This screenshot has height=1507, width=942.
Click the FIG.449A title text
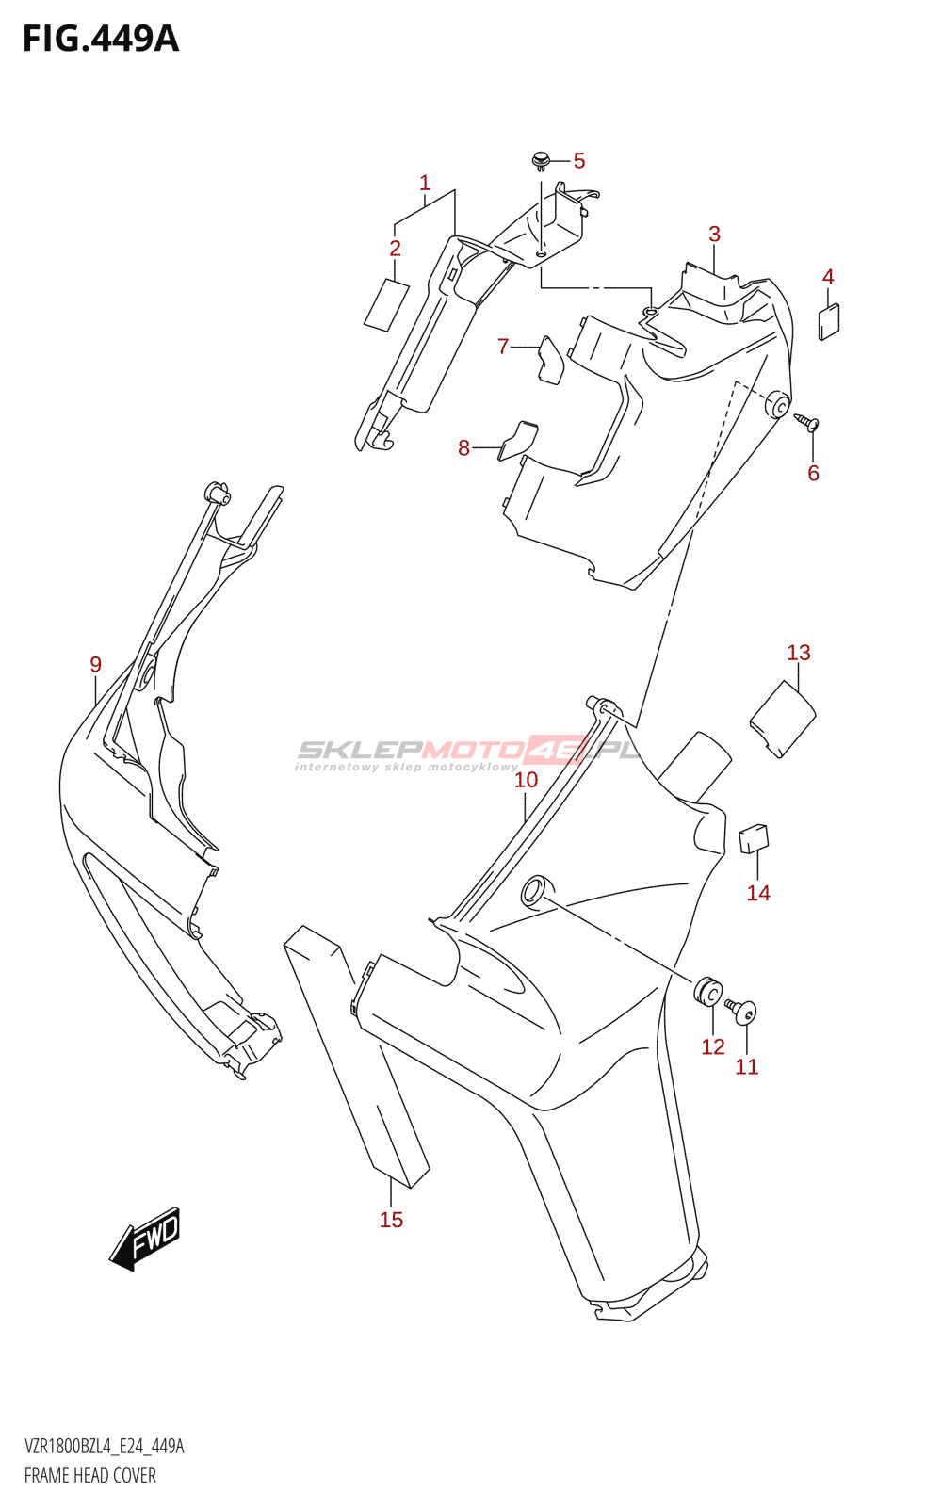(x=101, y=40)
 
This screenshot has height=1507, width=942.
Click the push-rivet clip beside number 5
(x=540, y=160)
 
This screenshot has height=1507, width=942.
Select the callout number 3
(x=714, y=235)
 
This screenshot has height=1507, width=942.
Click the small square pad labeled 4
(x=829, y=321)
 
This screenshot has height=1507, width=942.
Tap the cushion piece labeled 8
(x=517, y=441)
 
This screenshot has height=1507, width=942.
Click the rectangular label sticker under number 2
(x=387, y=305)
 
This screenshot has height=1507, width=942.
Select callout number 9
(x=95, y=665)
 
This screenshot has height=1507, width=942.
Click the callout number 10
(x=527, y=780)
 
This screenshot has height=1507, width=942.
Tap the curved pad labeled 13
(x=783, y=719)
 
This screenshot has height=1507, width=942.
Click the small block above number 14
(x=755, y=838)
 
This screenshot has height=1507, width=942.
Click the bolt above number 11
(x=740, y=1012)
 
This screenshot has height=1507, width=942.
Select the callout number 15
(x=391, y=1220)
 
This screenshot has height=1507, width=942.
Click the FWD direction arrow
(x=145, y=1239)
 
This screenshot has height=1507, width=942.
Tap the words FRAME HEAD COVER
(x=90, y=1476)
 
